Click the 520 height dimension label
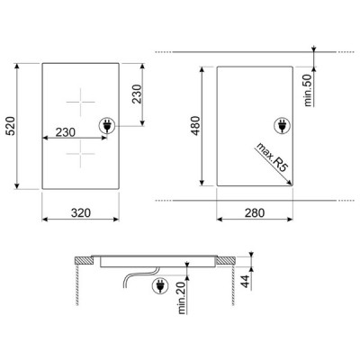click(x=11, y=126)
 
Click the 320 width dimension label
click(x=81, y=213)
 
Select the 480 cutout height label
click(x=196, y=126)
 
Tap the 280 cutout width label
click(x=255, y=213)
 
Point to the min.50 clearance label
click(x=308, y=90)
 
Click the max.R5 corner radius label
click(x=271, y=157)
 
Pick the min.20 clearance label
click(x=182, y=298)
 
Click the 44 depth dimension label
click(x=246, y=282)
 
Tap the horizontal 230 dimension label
click(x=66, y=132)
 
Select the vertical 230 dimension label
click(x=137, y=94)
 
